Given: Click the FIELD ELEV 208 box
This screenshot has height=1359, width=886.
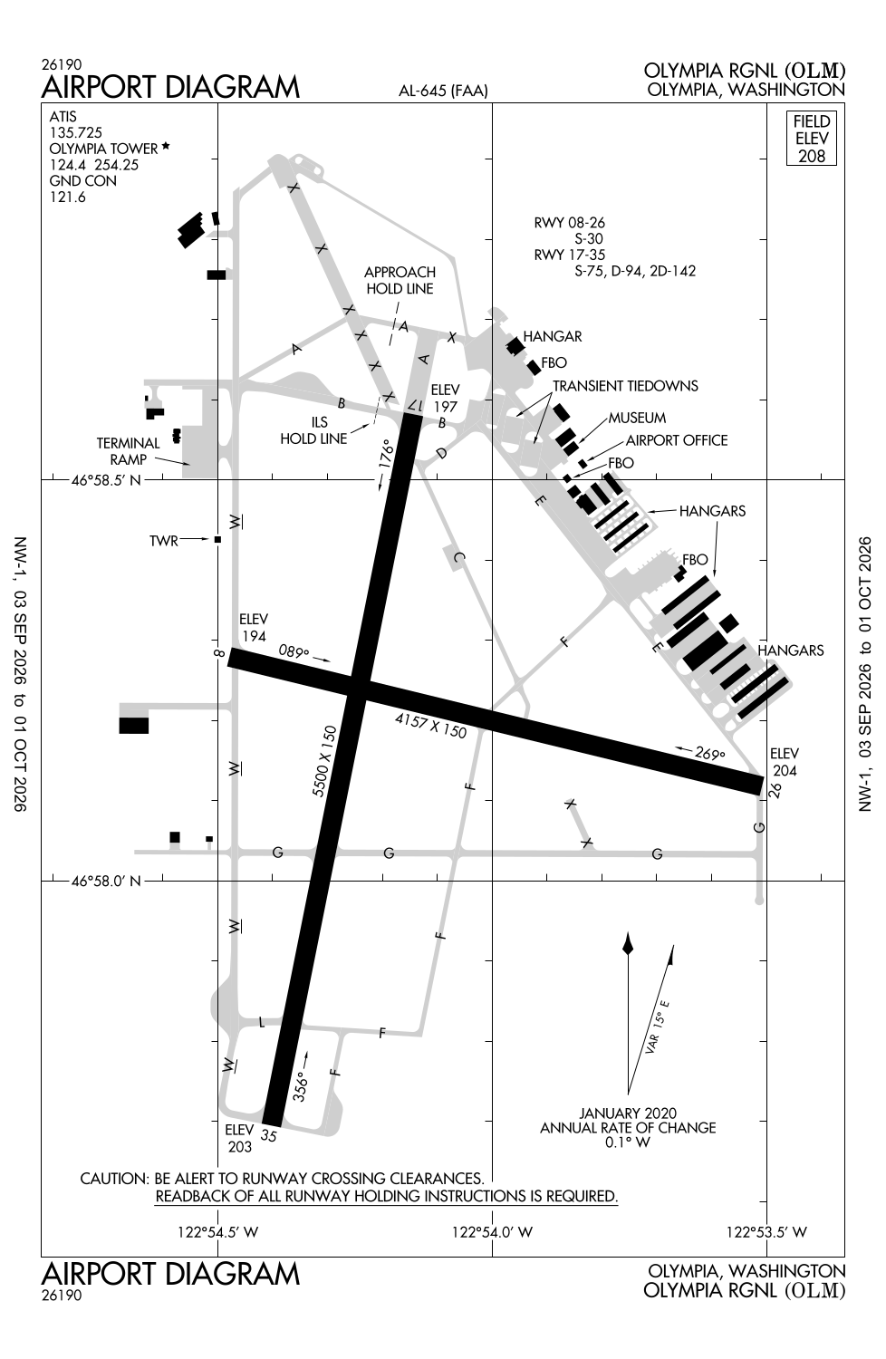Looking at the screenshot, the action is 812,138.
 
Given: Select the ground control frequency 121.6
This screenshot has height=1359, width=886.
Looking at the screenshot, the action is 67,197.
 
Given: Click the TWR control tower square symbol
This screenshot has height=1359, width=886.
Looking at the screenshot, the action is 217,539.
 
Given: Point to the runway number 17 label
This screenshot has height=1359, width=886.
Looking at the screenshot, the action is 415,404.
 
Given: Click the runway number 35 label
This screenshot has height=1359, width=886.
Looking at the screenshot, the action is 269,1134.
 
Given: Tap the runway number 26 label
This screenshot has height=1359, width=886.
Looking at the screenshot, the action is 775,790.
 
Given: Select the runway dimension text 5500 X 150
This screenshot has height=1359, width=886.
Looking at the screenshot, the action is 323,761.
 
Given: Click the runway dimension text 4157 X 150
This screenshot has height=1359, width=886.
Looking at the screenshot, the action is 430,726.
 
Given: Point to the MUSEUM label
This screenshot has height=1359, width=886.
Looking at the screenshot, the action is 637,418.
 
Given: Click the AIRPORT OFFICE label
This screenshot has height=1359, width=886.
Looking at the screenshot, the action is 677,440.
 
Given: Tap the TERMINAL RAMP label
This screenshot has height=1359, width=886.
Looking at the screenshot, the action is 128,451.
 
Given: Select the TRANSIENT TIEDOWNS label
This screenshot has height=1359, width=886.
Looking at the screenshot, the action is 625,386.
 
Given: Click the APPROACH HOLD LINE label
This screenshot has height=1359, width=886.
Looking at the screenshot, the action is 400,280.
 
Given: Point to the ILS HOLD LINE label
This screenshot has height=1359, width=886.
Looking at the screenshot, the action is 313,430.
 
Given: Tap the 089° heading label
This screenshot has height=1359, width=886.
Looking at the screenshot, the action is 294,652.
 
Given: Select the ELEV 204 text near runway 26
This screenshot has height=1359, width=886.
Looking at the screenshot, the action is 784,762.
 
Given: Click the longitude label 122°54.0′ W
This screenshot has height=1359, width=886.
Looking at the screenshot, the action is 492,1231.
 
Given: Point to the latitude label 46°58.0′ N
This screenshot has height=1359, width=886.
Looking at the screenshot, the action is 106,881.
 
